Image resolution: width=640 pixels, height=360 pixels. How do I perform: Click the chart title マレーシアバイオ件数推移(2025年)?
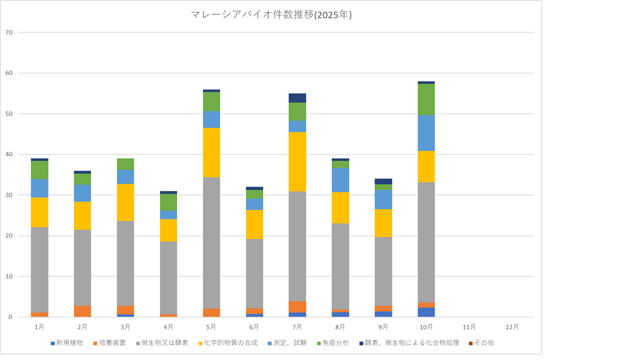[271, 16]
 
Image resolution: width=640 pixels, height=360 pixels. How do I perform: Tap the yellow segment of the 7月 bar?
[297, 162]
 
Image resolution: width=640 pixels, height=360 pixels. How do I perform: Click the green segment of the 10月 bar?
[427, 99]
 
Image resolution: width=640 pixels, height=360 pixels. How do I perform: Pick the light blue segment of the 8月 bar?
[341, 180]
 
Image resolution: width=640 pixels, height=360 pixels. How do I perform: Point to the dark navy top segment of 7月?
[297, 98]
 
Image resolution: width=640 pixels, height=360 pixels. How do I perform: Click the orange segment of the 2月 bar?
[82, 311]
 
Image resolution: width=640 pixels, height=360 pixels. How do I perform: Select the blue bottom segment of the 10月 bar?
[427, 312]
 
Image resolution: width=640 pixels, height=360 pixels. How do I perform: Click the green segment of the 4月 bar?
[168, 202]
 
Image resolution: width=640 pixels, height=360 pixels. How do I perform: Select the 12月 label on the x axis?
[513, 327]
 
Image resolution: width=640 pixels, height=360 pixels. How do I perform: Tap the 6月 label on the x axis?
[254, 327]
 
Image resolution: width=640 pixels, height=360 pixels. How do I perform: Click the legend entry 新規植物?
[69, 343]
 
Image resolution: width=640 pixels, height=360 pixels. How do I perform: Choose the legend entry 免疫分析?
[334, 343]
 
